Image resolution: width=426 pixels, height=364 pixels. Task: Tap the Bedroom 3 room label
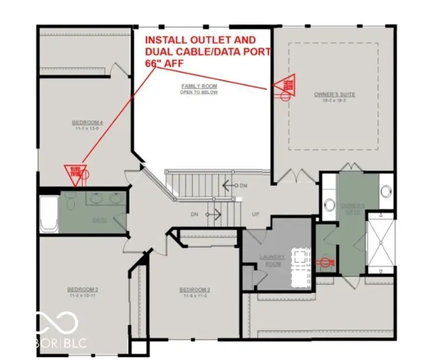pos(82,290)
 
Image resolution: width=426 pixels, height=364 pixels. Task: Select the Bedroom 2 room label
pos(195,290)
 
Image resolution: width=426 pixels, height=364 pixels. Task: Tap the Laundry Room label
pos(273,260)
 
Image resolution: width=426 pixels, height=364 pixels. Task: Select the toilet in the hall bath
pos(70,202)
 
